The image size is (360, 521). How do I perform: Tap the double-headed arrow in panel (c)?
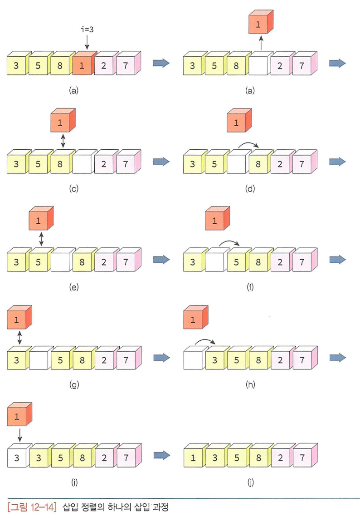[x=63, y=139]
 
